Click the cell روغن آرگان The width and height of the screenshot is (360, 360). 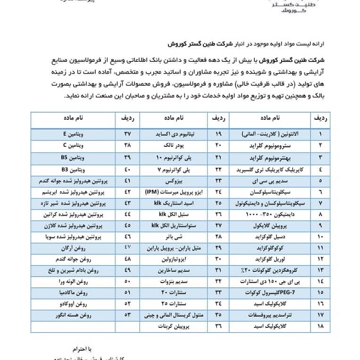click(x=71, y=247)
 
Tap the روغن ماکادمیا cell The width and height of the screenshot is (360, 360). click(x=71, y=293)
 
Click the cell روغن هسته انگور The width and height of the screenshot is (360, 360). click(x=71, y=315)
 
